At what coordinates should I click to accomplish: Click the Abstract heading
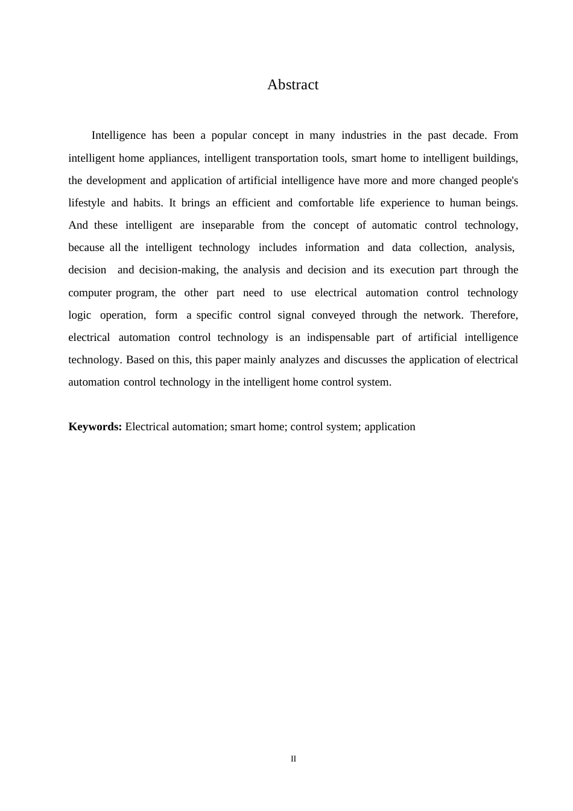293,85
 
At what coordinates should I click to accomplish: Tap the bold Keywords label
95,427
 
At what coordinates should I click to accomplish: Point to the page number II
293,759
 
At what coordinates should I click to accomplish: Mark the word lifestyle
87,203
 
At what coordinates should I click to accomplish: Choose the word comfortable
326,203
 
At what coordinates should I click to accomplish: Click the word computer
90,293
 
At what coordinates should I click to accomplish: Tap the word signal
291,316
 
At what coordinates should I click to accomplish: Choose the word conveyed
334,316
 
